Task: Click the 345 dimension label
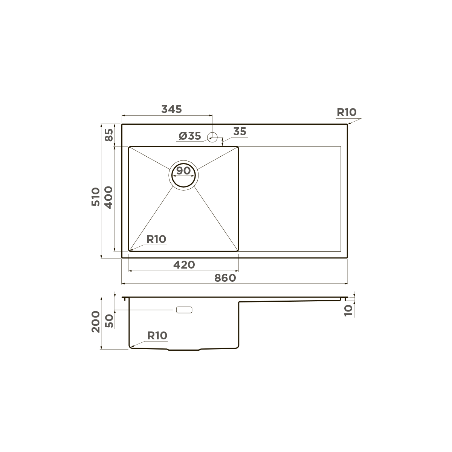171,109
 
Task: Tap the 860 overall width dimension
225,278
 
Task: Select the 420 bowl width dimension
184,265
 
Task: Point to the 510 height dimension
96,197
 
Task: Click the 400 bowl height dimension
108,197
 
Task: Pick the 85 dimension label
109,135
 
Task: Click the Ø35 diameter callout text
190,136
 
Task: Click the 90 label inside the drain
183,171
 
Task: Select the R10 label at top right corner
347,112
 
